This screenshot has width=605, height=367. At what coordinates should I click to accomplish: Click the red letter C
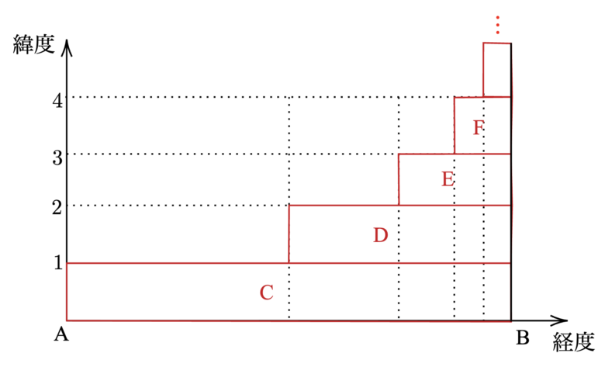pos(266,293)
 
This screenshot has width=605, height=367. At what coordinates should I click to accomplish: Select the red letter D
pos(379,235)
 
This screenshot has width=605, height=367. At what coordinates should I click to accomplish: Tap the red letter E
pos(448,179)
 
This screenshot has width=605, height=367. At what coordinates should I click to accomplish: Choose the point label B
pos(522,338)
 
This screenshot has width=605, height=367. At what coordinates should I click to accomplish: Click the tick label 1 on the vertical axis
pos(57,262)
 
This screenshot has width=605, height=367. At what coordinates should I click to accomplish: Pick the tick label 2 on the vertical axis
pos(57,206)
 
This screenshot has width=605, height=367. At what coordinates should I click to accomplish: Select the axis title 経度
pos(573,342)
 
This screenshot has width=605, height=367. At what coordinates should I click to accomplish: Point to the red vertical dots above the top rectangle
pos(498,26)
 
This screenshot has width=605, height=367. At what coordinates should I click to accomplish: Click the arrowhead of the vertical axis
pos(67,45)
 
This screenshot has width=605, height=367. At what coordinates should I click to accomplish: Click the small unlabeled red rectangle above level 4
pos(497,70)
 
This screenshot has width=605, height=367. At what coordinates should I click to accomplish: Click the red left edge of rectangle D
pos(289,234)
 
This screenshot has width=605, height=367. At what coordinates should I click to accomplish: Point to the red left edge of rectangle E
pos(399,179)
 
